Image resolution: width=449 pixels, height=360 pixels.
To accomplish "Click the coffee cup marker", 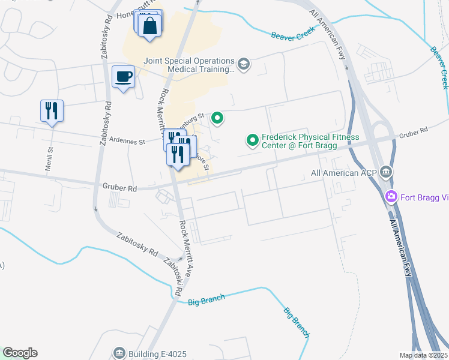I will pyautogui.click(x=124, y=77).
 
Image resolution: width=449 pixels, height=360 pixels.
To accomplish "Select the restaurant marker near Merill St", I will pyautogui.click(x=52, y=111).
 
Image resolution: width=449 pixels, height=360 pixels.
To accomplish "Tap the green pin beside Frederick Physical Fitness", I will pyautogui.click(x=253, y=141).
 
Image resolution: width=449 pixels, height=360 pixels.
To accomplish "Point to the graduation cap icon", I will pyautogui.click(x=243, y=64).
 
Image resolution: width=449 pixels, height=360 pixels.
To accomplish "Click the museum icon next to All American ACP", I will pyautogui.click(x=387, y=172).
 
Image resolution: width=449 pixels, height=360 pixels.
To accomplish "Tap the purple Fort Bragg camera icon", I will pyautogui.click(x=391, y=196).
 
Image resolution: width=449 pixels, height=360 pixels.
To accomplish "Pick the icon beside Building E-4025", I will pyautogui.click(x=119, y=352).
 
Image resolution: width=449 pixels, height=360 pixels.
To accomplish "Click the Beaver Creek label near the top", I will pyautogui.click(x=292, y=36).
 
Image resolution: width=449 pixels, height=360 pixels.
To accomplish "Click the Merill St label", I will pyautogui.click(x=50, y=158).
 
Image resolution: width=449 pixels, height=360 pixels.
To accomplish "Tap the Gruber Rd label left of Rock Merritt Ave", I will pyautogui.click(x=119, y=188).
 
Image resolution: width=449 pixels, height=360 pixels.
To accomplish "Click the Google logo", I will pyautogui.click(x=20, y=353).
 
